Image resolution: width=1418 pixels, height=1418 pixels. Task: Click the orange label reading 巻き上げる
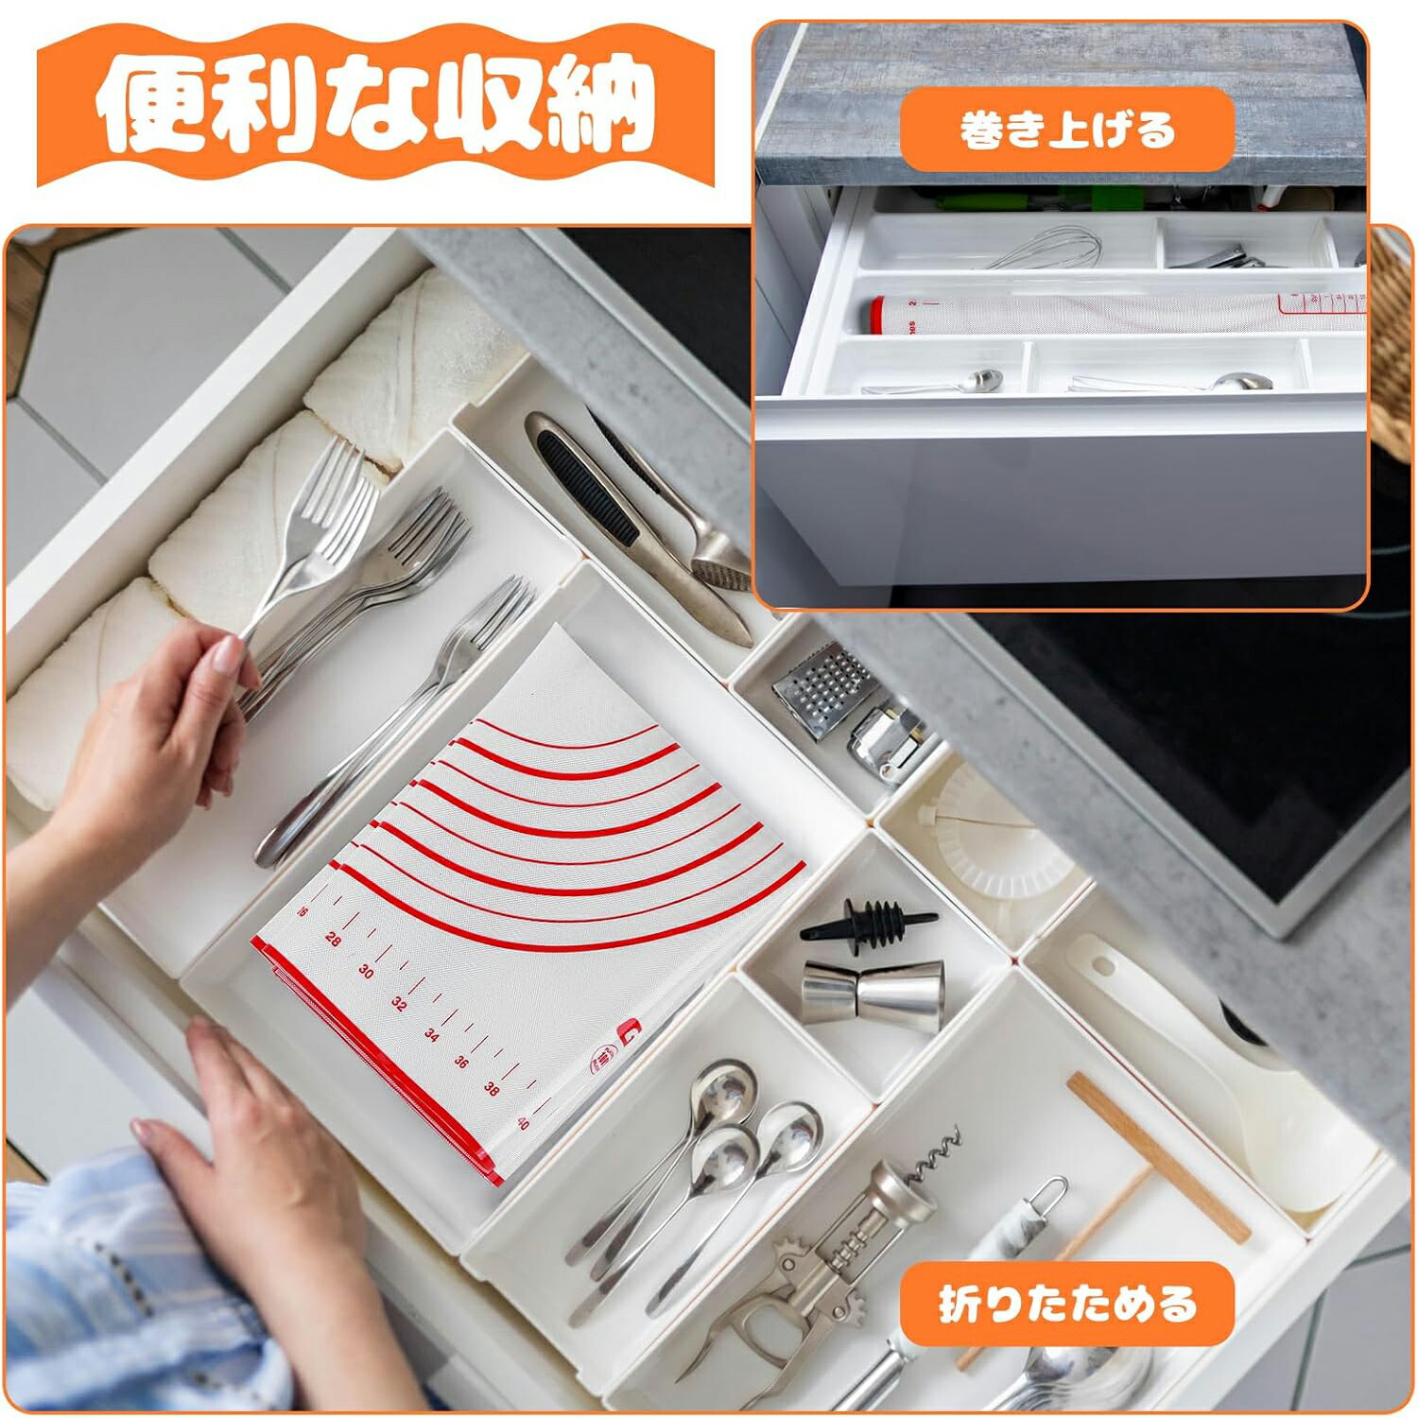[x=1067, y=130]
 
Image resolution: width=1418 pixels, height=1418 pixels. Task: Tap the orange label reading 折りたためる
[x=1067, y=1305]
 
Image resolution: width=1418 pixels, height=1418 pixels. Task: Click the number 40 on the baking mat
[x=523, y=1123]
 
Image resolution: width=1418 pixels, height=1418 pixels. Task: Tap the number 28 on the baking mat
[x=333, y=939]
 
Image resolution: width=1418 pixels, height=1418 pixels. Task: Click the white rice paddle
[x=1219, y=1068]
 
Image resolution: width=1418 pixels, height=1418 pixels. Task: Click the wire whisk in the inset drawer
[x=1045, y=248]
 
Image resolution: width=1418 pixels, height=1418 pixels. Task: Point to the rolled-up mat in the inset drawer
[x=1115, y=313]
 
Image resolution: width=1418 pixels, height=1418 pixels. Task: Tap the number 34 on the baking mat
[x=431, y=1034]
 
